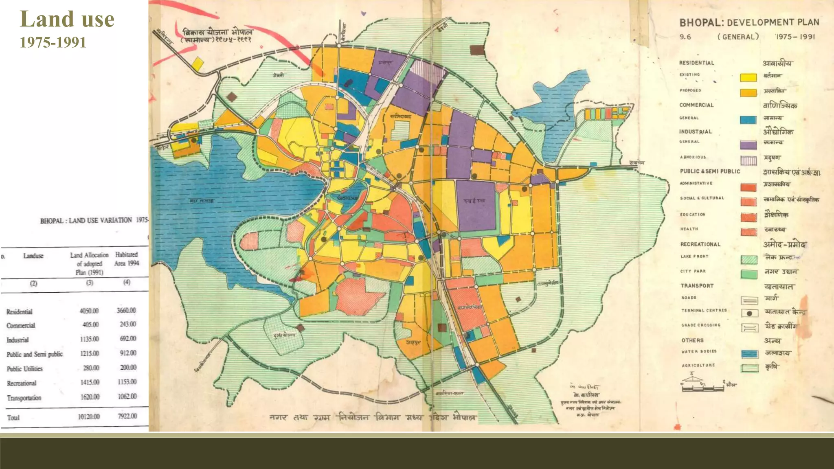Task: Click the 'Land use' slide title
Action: (67, 20)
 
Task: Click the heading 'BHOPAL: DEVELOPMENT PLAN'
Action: (749, 22)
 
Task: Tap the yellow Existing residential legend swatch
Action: (748, 77)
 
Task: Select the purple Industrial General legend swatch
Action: (748, 145)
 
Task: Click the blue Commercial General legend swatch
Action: (748, 120)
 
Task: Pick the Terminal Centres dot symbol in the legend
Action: (749, 313)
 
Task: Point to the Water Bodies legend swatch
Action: (749, 354)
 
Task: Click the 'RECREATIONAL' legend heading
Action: (700, 244)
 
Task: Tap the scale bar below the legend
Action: (702, 388)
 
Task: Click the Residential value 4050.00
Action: (89, 311)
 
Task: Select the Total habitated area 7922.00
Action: (127, 416)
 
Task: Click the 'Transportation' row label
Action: (24, 398)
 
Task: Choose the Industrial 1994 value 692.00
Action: (127, 339)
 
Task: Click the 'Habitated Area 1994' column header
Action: (127, 259)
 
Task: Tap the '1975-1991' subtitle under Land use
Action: (53, 42)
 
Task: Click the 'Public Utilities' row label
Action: (24, 369)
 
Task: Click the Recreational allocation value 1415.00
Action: (90, 382)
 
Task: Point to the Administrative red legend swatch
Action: (748, 187)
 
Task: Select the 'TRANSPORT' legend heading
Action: (697, 286)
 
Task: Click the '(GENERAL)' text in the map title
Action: (738, 37)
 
